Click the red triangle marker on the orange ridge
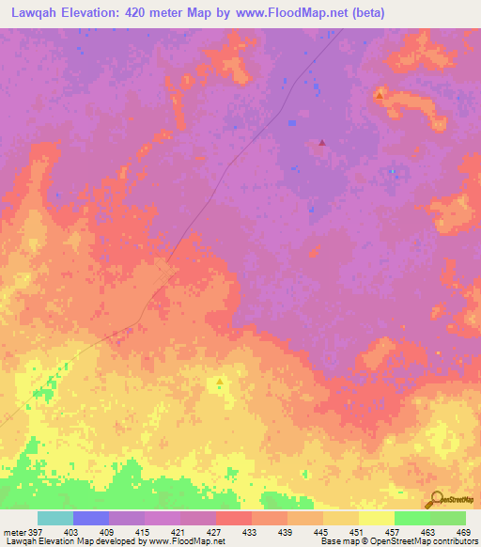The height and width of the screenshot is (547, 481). click(x=379, y=95)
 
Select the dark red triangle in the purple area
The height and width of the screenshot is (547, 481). click(x=322, y=143)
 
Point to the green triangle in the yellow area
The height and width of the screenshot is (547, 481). click(x=220, y=382)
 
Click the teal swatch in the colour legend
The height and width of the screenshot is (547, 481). click(x=55, y=518)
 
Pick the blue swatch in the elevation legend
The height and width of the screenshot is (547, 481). click(x=91, y=518)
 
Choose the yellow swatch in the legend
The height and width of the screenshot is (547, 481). click(x=377, y=518)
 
